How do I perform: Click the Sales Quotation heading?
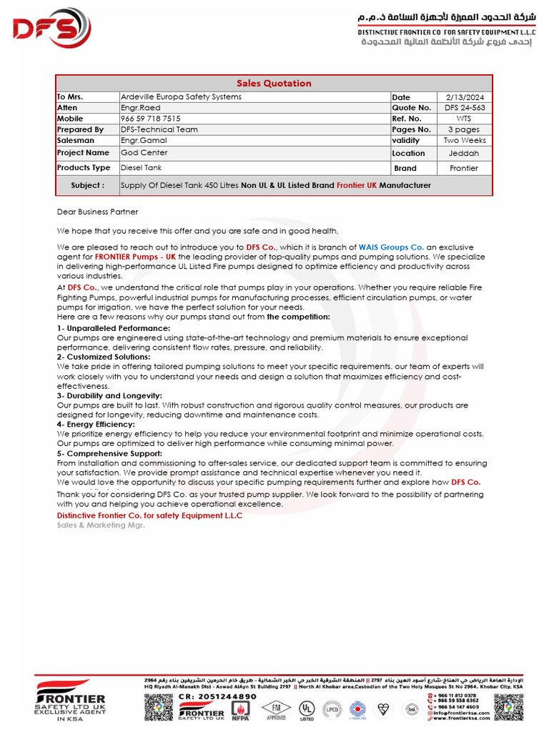pyautogui.click(x=274, y=83)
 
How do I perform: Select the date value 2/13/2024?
pyautogui.click(x=465, y=97)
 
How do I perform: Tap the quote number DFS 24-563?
pyautogui.click(x=465, y=108)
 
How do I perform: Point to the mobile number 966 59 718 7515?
pyautogui.click(x=150, y=119)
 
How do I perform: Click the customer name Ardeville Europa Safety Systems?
pyautogui.click(x=181, y=97)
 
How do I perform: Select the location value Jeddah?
pyautogui.click(x=465, y=154)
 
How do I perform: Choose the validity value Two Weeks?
pyautogui.click(x=465, y=141)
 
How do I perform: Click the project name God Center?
pyautogui.click(x=144, y=153)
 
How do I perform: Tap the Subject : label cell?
pyautogui.click(x=87, y=185)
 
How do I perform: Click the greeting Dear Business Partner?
pyautogui.click(x=97, y=212)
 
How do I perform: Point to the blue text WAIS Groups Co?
pyautogui.click(x=391, y=247)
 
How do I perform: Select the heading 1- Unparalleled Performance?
pyautogui.click(x=113, y=328)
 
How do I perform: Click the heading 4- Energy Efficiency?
pyautogui.click(x=96, y=425)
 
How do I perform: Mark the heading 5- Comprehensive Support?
pyautogui.click(x=109, y=454)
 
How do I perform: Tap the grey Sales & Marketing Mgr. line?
pyautogui.click(x=101, y=525)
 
